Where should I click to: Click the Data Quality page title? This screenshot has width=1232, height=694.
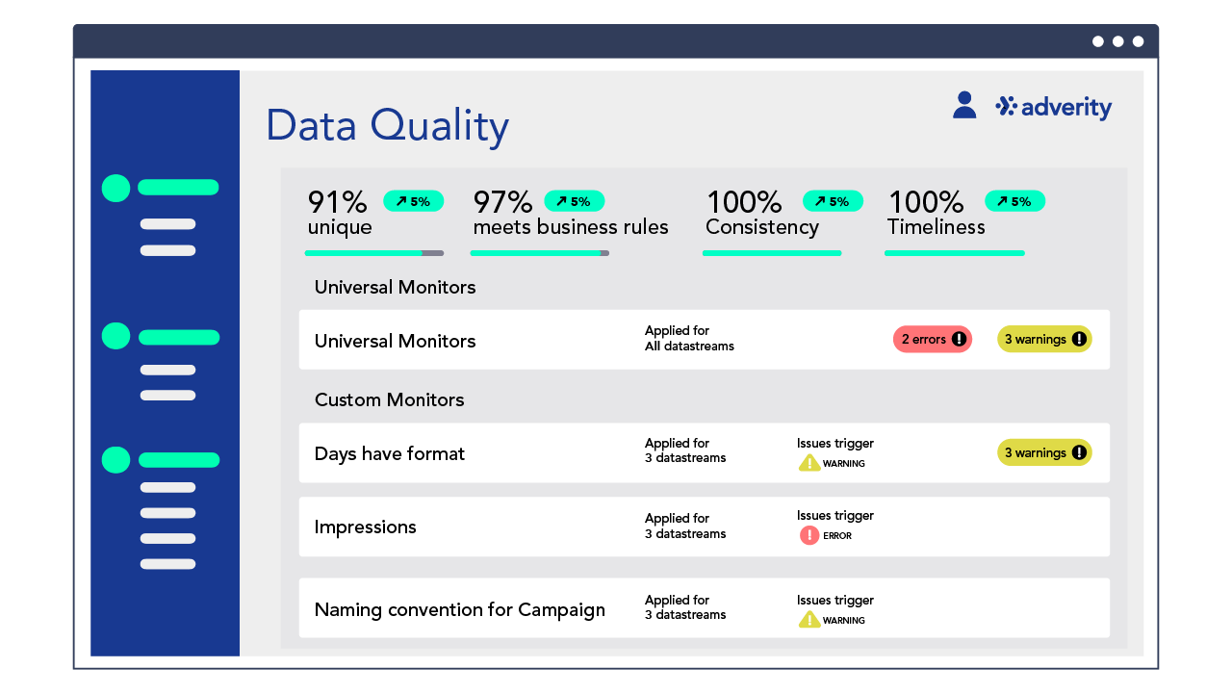[x=387, y=126]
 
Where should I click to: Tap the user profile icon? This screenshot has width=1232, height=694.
[x=964, y=105]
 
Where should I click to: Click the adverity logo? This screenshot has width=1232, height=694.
[x=1054, y=107]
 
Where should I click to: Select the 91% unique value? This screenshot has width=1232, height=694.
[x=338, y=203]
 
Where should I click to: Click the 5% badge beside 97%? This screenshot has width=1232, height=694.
[x=574, y=201]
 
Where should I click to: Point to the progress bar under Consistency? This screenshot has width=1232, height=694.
[x=772, y=253]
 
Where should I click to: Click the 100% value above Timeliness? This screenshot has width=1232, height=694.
[x=925, y=202]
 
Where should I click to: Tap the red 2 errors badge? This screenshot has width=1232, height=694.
[x=932, y=339]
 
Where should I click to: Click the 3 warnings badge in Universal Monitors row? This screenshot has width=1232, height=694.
[x=1044, y=339]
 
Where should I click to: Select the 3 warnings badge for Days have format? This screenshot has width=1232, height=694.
[x=1044, y=452]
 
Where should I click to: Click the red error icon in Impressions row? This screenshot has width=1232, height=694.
[x=809, y=535]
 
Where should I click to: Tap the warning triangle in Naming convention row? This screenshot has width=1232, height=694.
[x=809, y=620]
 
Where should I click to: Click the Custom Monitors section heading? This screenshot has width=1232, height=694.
[x=389, y=399]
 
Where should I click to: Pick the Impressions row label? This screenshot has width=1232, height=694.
[x=365, y=527]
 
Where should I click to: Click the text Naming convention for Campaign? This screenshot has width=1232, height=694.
[x=459, y=609]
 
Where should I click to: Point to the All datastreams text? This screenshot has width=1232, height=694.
[x=689, y=347]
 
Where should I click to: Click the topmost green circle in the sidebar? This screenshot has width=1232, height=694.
[x=115, y=188]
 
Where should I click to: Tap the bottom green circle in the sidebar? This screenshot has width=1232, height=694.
[x=115, y=460]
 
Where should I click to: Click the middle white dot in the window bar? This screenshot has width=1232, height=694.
[x=1117, y=41]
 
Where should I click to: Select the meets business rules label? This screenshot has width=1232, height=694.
[x=570, y=227]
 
